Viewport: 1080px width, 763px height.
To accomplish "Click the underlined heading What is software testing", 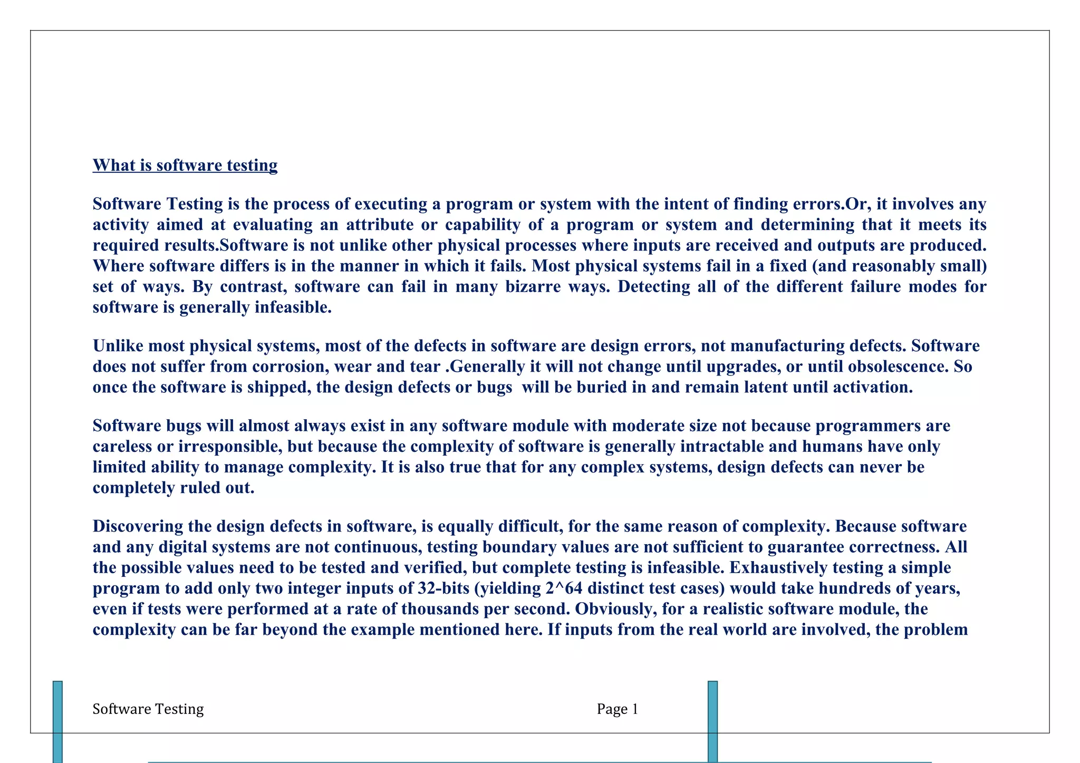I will click(x=185, y=166).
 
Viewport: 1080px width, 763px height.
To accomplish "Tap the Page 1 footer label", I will click(x=617, y=709).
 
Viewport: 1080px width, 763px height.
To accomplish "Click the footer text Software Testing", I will click(x=148, y=709).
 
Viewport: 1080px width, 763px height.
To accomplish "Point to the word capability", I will click(x=483, y=225).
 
